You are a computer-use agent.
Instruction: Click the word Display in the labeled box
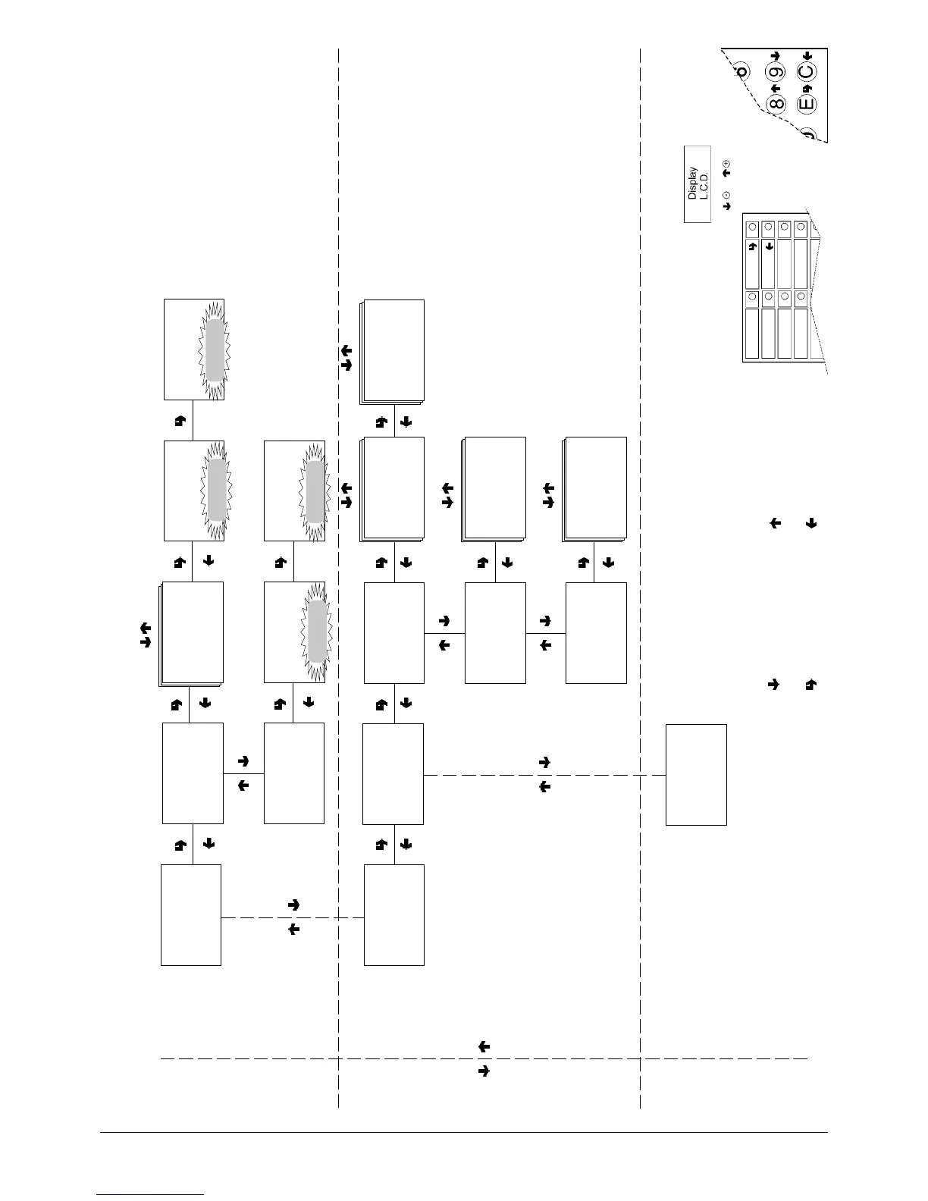(692, 183)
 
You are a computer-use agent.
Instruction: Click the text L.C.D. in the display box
(704, 183)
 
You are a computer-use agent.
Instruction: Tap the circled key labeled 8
(776, 104)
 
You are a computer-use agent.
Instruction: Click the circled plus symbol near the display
(726, 163)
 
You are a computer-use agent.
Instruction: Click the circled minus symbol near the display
(726, 195)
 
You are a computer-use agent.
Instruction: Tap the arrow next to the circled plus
(726, 174)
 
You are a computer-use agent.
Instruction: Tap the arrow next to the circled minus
(726, 205)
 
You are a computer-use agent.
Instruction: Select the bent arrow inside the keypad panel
(752, 246)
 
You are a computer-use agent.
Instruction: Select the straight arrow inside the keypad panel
(768, 246)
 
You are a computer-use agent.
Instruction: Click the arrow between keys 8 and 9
(776, 89)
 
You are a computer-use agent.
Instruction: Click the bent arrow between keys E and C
(807, 89)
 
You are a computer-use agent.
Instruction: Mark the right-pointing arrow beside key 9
(775, 56)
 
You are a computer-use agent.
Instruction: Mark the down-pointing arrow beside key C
(807, 56)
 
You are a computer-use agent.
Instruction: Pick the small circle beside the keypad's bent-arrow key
(751, 227)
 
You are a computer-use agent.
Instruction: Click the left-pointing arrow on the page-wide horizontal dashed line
(484, 1047)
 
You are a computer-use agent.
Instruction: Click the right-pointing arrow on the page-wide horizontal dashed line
(484, 1071)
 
